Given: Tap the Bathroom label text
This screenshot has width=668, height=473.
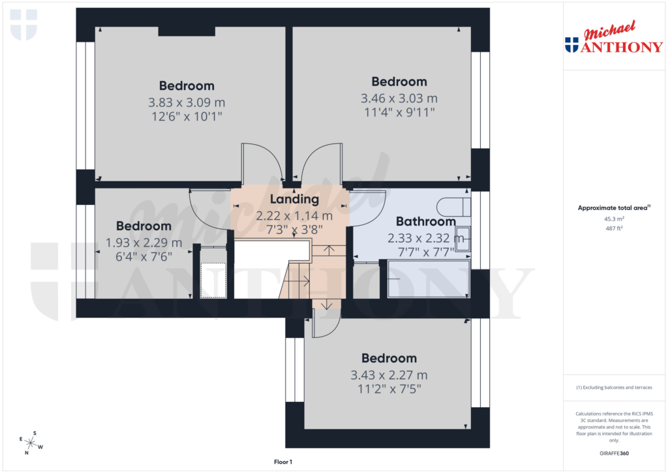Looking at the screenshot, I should pyautogui.click(x=425, y=222).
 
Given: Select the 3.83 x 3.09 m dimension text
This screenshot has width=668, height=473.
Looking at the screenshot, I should pyautogui.click(x=187, y=102).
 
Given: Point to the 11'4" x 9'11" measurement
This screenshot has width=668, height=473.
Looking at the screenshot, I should pyautogui.click(x=399, y=112).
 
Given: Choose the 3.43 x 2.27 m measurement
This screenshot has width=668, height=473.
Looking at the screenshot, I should pyautogui.click(x=389, y=375).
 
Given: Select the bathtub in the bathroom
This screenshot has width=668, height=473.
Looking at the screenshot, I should pyautogui.click(x=429, y=279).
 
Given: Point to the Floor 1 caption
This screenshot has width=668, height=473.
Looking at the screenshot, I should pyautogui.click(x=282, y=462).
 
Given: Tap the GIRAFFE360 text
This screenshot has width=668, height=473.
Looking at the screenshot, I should pyautogui.click(x=613, y=453).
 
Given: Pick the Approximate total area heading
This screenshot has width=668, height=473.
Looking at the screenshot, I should pyautogui.click(x=613, y=208).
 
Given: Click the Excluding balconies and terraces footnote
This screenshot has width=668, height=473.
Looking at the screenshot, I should pyautogui.click(x=613, y=388).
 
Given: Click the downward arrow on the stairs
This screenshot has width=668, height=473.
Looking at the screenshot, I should pyautogui.click(x=326, y=304).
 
